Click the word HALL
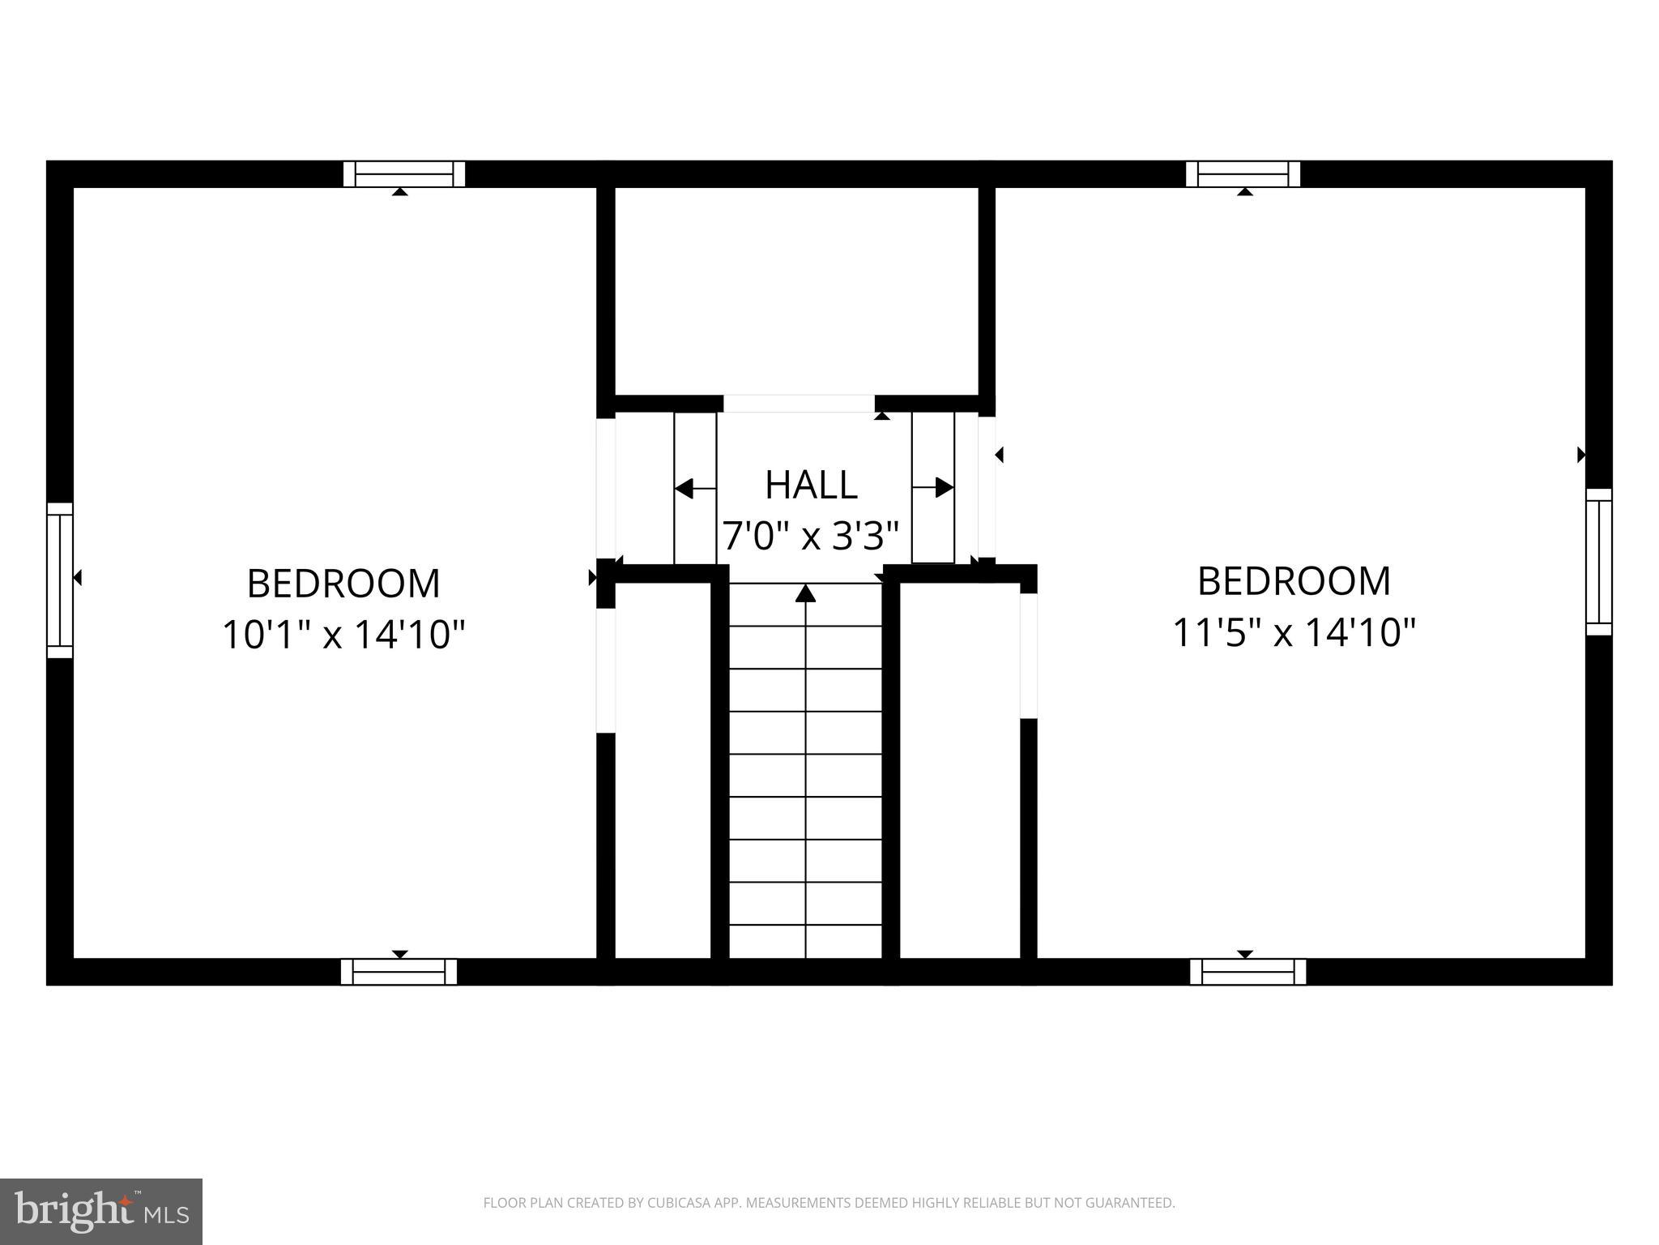(811, 485)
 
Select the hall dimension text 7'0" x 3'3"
(811, 536)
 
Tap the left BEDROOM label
(343, 584)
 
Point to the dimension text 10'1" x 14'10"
(343, 634)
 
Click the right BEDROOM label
(1294, 581)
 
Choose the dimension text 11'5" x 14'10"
(1294, 632)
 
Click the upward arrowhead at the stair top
(805, 594)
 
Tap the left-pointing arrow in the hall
(685, 489)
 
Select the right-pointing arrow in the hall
(943, 488)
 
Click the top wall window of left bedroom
(404, 174)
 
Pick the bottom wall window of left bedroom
(399, 971)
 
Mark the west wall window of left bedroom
(60, 580)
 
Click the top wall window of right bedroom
(1243, 174)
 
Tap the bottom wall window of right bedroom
(1247, 971)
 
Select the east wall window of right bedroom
(1598, 562)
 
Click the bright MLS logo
(101, 1212)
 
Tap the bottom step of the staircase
(805, 940)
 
